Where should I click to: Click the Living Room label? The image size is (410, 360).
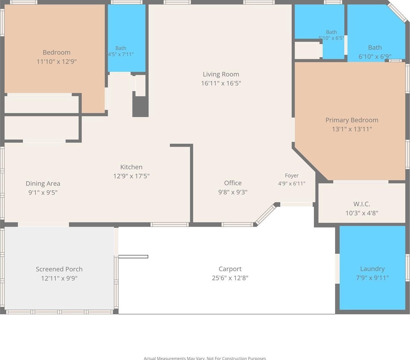tap(221, 74)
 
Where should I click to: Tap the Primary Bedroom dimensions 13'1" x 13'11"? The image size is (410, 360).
tap(352, 129)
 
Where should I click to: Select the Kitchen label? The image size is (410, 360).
tap(131, 167)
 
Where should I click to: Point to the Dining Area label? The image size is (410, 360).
tap(43, 184)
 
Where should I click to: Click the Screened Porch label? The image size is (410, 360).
tap(59, 269)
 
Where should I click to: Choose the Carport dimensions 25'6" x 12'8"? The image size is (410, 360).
tap(230, 278)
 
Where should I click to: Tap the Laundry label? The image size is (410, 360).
tap(372, 269)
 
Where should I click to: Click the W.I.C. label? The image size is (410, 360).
tap(362, 204)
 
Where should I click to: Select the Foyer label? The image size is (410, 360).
tap(292, 176)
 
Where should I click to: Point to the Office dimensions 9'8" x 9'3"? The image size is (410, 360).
tap(233, 192)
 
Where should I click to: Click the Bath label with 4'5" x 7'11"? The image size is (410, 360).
tap(121, 48)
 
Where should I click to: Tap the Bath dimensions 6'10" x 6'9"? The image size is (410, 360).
tap(375, 56)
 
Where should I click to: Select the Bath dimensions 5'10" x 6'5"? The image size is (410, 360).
tap(331, 38)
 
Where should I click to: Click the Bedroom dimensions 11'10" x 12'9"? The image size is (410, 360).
tap(56, 61)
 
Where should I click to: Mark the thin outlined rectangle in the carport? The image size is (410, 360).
tap(133, 257)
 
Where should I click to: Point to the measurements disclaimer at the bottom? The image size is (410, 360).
tap(205, 358)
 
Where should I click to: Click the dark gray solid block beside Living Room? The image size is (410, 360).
tap(140, 107)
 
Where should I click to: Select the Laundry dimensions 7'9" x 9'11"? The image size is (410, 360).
tap(372, 278)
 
